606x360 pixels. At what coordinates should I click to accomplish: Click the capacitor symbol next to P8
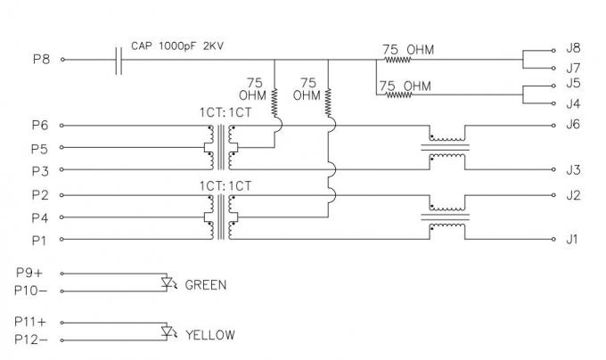pos(119,61)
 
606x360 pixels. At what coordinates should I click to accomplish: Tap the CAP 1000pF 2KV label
pos(177,46)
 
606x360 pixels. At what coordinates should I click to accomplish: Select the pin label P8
pos(41,60)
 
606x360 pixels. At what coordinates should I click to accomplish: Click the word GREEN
pos(206,285)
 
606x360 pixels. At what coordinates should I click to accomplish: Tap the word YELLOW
pos(210,334)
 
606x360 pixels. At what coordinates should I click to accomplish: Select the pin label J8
pos(573,48)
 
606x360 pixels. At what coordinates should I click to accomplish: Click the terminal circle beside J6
pos(553,126)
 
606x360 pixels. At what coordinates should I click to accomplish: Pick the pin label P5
pos(40,149)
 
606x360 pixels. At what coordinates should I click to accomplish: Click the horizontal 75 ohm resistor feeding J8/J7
pos(397,60)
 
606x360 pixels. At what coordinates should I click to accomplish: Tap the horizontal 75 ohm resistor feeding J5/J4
pos(399,94)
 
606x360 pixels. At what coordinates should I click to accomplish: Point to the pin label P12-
pos(31,340)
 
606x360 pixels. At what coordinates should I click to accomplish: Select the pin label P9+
pos(29,273)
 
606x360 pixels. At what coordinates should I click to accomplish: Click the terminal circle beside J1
pos(553,239)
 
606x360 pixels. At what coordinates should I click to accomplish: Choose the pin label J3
pos(573,170)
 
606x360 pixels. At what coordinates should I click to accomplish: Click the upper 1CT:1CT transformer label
pos(225,112)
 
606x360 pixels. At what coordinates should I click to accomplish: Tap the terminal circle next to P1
pos(61,239)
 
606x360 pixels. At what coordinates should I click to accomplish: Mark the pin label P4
pos(40,217)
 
